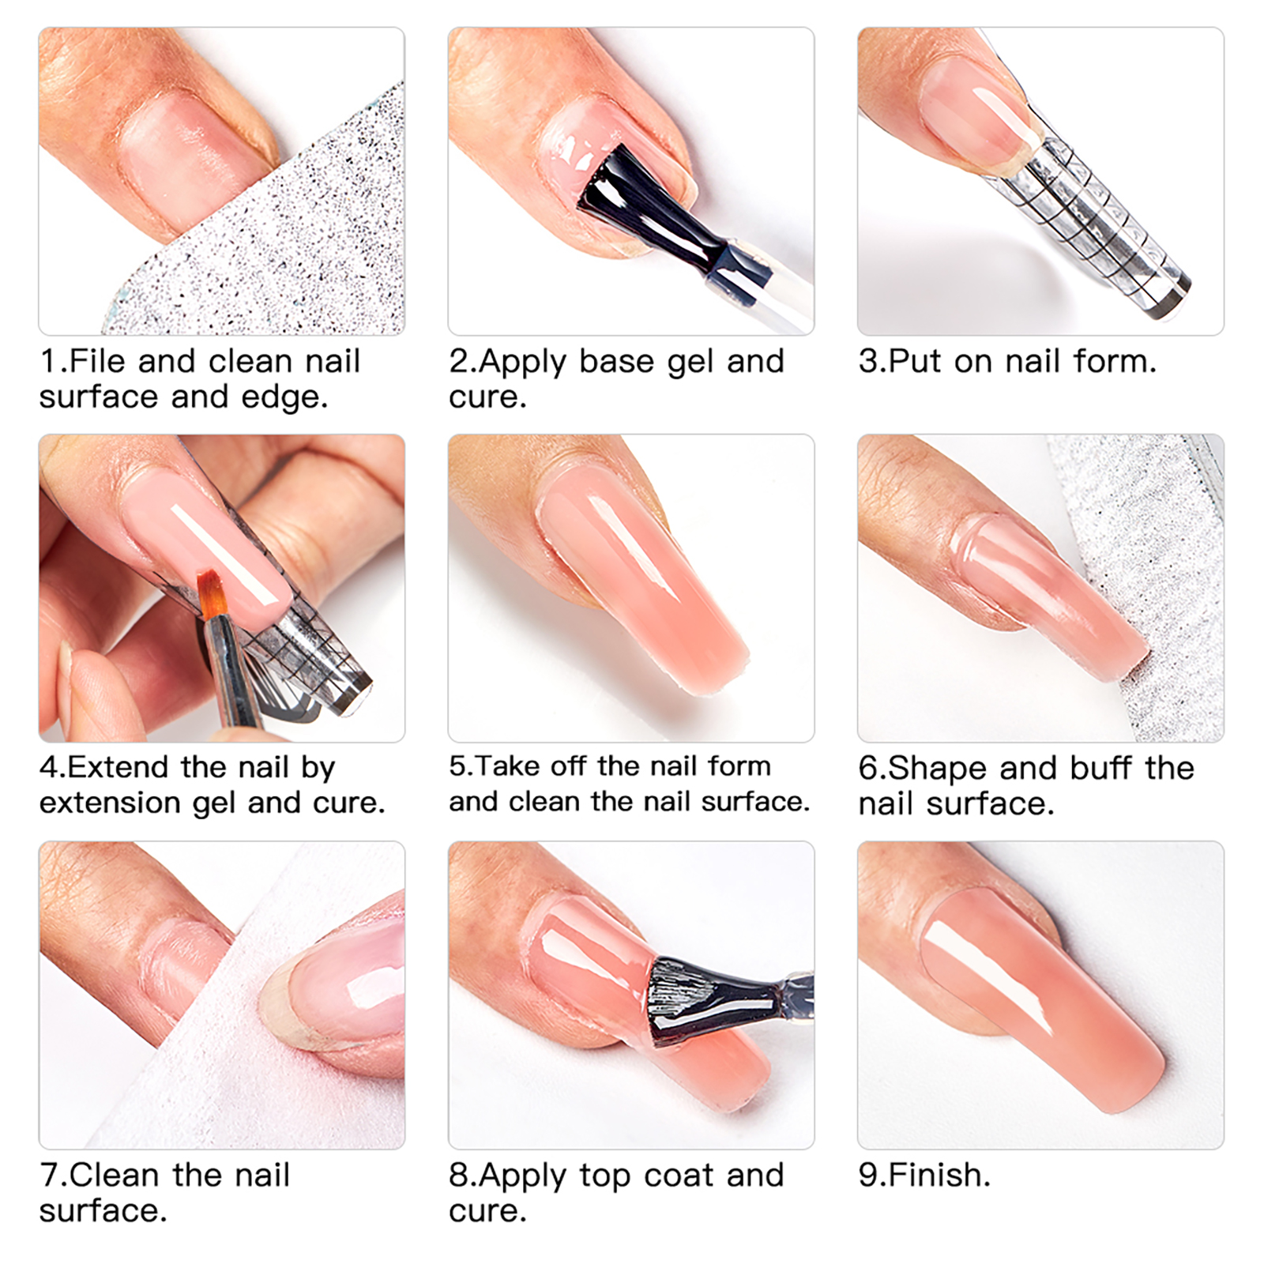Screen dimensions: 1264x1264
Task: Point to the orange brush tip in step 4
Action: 213,595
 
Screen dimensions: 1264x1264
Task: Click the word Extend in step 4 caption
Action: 118,768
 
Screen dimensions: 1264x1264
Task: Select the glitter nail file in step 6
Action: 1145,569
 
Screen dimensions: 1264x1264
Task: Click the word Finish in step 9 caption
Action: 936,1176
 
